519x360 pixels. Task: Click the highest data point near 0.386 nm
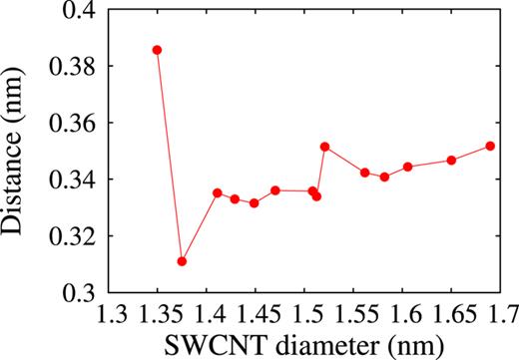tap(157, 50)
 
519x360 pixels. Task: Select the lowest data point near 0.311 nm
tap(182, 261)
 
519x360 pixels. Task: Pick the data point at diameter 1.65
tap(451, 161)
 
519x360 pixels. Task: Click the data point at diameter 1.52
tap(324, 147)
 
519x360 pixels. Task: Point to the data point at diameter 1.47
tap(275, 190)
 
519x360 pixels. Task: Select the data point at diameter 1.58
tap(384, 178)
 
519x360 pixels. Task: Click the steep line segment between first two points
tap(170, 156)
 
